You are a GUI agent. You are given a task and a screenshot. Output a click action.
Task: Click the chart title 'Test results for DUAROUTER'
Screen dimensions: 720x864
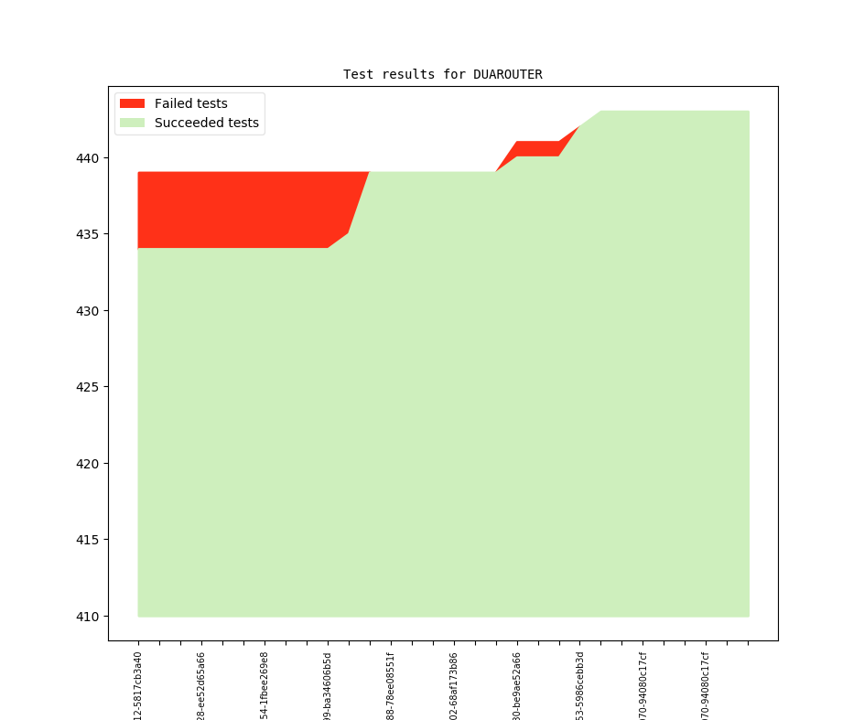442,74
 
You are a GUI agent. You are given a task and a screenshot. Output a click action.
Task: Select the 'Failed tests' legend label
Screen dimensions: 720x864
190,103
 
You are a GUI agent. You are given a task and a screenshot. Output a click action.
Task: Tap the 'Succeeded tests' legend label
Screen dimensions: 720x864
206,123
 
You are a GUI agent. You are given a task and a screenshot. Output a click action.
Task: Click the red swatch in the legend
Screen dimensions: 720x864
132,103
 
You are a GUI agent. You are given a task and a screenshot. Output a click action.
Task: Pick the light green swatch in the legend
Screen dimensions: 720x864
132,123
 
